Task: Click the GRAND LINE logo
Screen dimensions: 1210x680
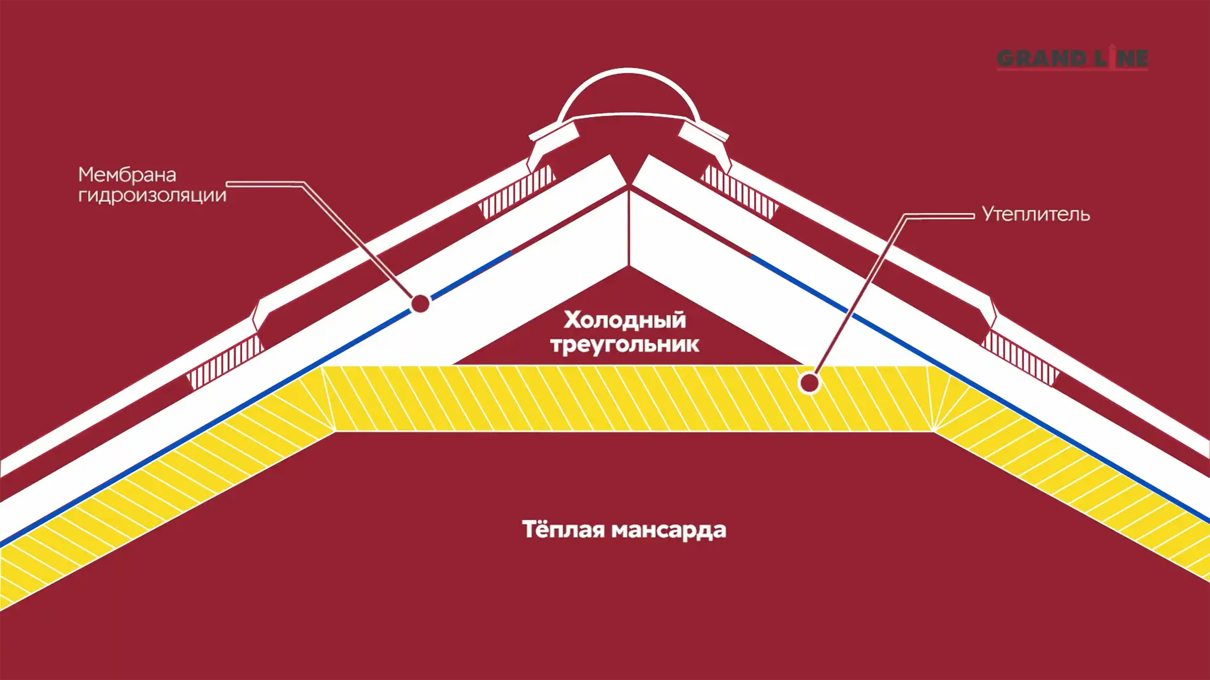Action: click(1072, 58)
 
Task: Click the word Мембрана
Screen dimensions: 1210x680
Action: click(127, 174)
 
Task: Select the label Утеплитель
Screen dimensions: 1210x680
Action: click(1036, 215)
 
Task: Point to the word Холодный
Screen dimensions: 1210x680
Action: click(625, 319)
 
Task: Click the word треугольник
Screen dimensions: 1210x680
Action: click(625, 344)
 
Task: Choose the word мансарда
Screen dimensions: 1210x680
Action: click(669, 530)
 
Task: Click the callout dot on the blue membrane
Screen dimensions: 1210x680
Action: click(420, 304)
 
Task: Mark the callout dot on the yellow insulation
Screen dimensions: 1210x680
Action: click(809, 383)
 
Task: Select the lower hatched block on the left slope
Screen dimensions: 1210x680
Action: click(225, 362)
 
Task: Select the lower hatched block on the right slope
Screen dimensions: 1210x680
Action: click(1020, 358)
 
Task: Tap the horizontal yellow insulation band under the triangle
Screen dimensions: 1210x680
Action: click(628, 398)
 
